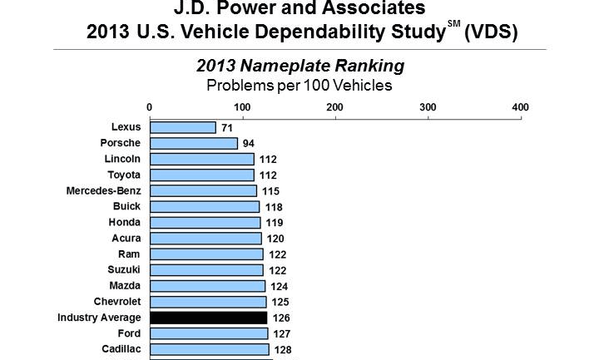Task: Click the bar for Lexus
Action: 182,127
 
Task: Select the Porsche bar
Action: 193,143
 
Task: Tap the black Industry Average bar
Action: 208,318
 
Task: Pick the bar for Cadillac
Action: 209,349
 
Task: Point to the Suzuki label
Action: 124,269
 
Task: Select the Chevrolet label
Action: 116,301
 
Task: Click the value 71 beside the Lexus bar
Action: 227,127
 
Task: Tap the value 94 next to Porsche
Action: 248,143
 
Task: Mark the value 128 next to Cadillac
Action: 283,350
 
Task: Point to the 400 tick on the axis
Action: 521,106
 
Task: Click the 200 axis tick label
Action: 335,106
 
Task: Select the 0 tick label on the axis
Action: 149,106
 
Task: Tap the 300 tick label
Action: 428,106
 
